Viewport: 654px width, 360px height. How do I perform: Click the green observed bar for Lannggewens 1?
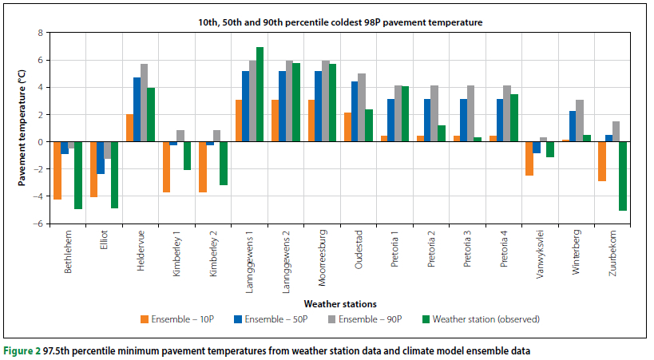(260, 94)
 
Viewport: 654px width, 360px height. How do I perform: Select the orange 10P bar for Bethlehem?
(57, 170)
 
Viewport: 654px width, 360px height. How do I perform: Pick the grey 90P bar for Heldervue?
(144, 102)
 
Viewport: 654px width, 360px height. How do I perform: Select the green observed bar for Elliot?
(115, 175)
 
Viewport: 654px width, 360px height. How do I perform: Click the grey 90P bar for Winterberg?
(581, 121)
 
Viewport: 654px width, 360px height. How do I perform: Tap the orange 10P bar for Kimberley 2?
(202, 167)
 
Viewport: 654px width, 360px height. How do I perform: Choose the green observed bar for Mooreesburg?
(332, 102)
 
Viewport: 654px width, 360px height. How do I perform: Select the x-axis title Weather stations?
(339, 303)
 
